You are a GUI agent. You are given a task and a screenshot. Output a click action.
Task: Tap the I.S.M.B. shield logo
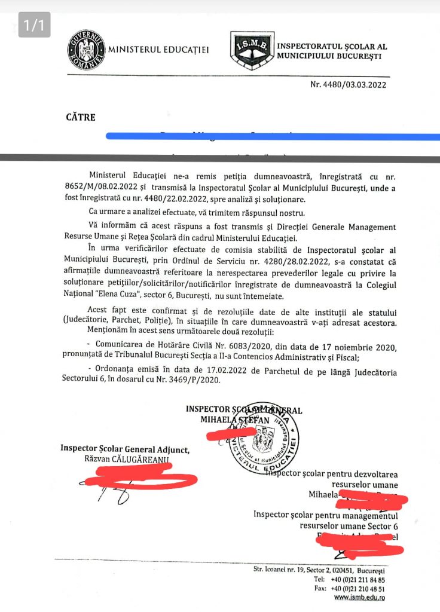[250, 50]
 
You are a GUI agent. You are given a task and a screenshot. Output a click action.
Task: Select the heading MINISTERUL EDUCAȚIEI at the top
[158, 50]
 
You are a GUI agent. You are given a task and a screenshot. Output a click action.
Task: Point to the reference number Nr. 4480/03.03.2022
[348, 84]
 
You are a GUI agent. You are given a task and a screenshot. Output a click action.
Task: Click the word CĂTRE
[80, 117]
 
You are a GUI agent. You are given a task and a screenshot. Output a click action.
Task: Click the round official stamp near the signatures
[264, 441]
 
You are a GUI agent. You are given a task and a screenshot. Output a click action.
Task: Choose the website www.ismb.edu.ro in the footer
[359, 597]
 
